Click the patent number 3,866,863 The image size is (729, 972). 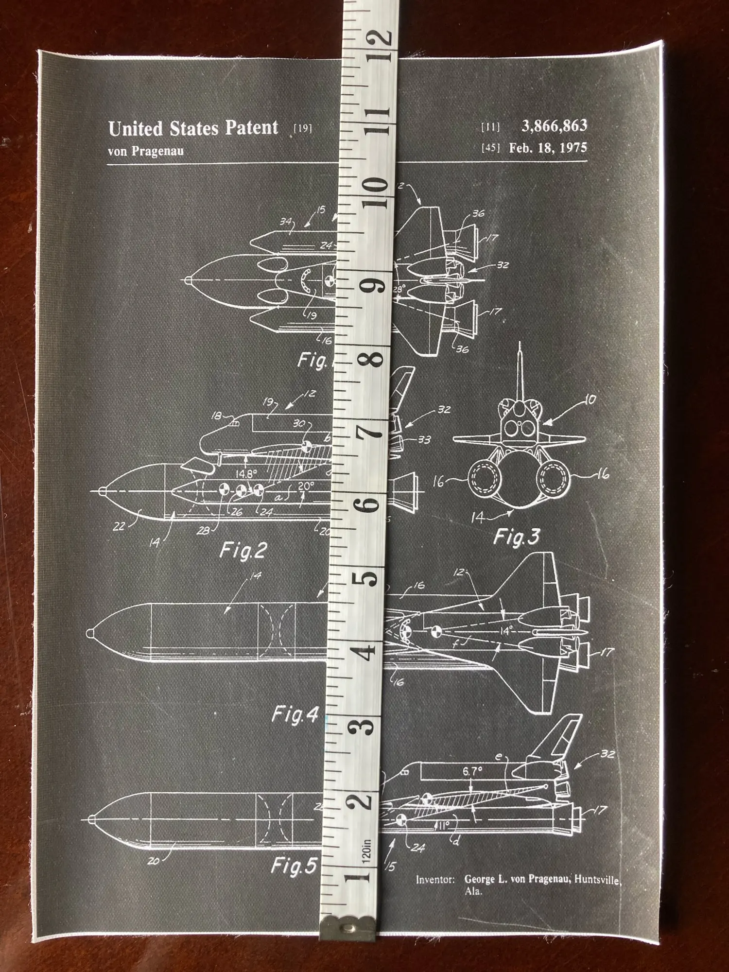(x=554, y=126)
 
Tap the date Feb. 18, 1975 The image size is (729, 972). (x=548, y=148)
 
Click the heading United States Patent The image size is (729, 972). (x=193, y=128)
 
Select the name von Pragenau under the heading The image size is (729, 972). (x=146, y=151)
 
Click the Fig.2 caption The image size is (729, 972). (x=243, y=551)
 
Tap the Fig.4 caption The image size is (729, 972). (x=295, y=714)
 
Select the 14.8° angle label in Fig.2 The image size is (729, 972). (x=247, y=473)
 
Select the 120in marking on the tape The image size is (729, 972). (x=367, y=849)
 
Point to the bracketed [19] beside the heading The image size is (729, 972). (x=303, y=128)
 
